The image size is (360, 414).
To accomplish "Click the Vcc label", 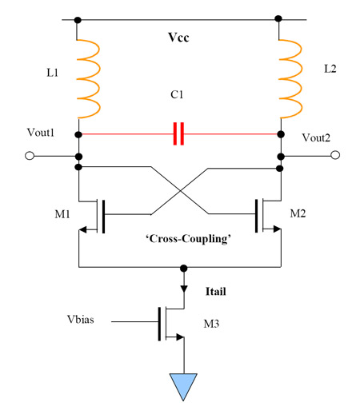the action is click(x=178, y=38).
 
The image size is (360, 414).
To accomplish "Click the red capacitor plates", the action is click(x=178, y=133).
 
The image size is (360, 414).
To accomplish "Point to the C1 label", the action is click(x=177, y=94).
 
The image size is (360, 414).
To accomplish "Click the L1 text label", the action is click(x=52, y=73).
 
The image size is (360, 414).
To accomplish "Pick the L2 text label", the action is click(x=330, y=69).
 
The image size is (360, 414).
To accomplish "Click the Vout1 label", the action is click(x=41, y=133).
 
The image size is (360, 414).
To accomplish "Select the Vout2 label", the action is click(x=316, y=137).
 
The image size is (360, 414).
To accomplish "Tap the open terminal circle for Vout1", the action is click(x=30, y=156).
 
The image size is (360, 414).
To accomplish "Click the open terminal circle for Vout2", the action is click(x=335, y=155).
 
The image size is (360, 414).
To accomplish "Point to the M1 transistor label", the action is click(x=62, y=214).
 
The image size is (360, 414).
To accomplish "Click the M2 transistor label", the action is click(x=298, y=213).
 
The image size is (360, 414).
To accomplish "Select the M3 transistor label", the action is click(x=211, y=324).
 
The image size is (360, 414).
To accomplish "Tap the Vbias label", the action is click(x=81, y=319).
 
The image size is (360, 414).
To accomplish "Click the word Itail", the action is click(x=216, y=291).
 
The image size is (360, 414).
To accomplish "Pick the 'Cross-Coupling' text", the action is click(x=188, y=239).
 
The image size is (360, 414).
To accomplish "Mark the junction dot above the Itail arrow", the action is click(x=184, y=269).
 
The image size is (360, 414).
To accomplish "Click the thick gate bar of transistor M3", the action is click(x=160, y=324).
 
